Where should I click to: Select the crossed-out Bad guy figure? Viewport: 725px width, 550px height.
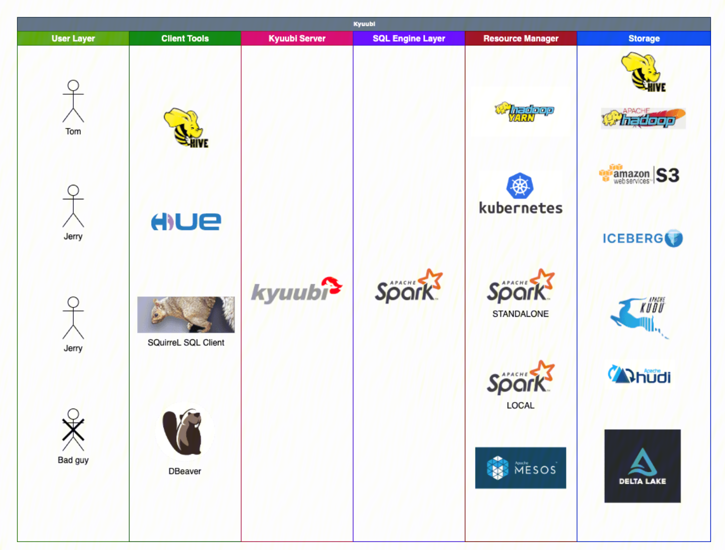click(x=73, y=430)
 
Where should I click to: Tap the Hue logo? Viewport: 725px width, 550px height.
click(x=186, y=222)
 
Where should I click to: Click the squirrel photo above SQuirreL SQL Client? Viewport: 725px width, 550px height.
click(x=185, y=315)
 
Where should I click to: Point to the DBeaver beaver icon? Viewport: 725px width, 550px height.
click(x=184, y=431)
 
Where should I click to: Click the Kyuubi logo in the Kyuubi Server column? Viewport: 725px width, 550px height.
click(x=297, y=290)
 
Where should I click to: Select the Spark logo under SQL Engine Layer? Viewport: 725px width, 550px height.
click(x=409, y=287)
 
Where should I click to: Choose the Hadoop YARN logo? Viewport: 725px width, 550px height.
click(x=524, y=112)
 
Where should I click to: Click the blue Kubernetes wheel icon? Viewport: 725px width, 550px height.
click(x=520, y=186)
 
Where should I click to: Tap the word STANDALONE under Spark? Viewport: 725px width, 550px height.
click(x=520, y=314)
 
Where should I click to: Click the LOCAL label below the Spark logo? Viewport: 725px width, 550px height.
click(x=520, y=406)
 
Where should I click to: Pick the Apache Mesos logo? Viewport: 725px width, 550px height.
click(x=520, y=468)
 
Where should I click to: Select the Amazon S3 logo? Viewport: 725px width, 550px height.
click(x=639, y=175)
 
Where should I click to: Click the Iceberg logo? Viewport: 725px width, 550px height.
click(x=642, y=239)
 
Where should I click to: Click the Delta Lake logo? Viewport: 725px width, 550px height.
click(x=642, y=466)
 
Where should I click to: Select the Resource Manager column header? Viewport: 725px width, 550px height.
click(x=521, y=38)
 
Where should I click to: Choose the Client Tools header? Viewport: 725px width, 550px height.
click(x=185, y=38)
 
